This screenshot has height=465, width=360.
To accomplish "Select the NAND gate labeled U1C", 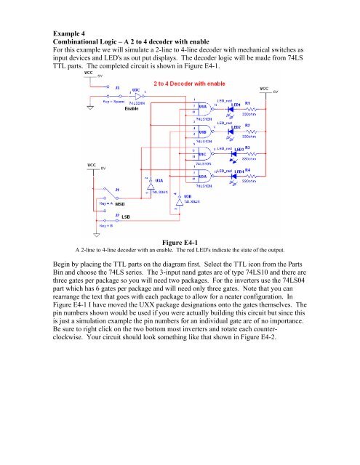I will click(201, 153).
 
